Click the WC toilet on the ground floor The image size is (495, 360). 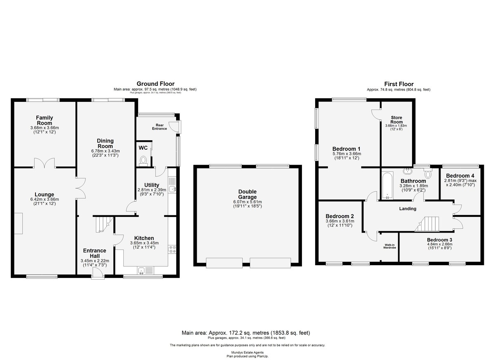(143, 160)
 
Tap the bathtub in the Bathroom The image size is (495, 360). (387, 186)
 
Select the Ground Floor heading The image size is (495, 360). (156, 84)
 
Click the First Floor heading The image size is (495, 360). (398, 84)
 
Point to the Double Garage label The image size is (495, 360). (247, 194)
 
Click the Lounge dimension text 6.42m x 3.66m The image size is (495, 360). (45, 199)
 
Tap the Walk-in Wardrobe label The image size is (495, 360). (389, 246)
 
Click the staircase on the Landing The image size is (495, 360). (427, 224)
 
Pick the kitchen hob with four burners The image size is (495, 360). (172, 249)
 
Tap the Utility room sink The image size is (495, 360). (172, 185)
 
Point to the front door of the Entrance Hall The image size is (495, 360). (98, 273)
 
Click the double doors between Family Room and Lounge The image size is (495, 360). (45, 163)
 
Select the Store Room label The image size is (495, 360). (396, 120)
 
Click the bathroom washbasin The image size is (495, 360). (407, 170)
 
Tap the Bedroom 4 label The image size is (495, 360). (460, 176)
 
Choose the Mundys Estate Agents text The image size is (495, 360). (247, 353)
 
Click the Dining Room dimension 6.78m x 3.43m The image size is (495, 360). (106, 151)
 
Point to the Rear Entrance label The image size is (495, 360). (159, 127)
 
